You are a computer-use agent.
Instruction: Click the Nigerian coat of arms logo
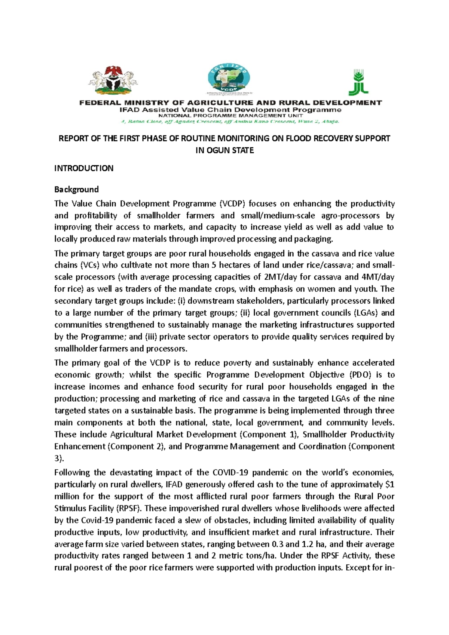click(113, 80)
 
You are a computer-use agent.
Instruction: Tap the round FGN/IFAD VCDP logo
click(229, 79)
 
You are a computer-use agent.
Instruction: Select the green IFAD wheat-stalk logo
click(358, 82)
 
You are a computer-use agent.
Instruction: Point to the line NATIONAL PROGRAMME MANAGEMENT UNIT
click(230, 116)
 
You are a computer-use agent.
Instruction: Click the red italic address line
click(229, 122)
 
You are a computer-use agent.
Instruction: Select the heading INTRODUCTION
click(84, 168)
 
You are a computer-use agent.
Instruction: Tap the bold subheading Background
click(76, 189)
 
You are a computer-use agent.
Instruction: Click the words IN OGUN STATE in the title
click(224, 150)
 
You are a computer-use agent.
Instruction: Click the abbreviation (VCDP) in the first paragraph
click(232, 204)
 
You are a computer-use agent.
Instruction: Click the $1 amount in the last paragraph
click(390, 485)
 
